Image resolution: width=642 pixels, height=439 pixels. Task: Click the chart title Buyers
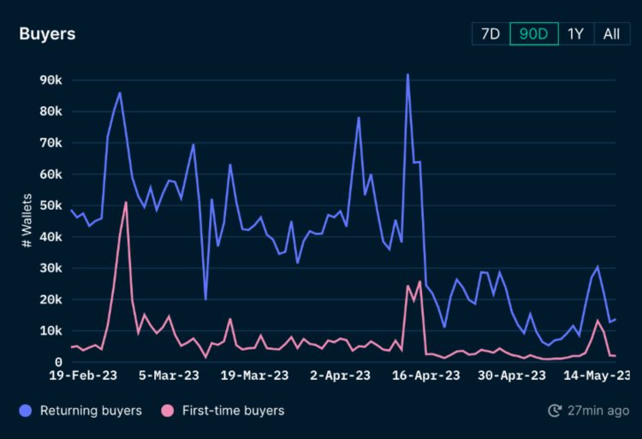[x=47, y=34]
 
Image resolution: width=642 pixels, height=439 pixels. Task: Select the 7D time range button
[x=490, y=33]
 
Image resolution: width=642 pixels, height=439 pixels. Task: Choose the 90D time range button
[x=534, y=33]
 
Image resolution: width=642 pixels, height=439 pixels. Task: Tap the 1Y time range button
[x=576, y=33]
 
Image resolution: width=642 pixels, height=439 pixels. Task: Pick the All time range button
[x=611, y=33]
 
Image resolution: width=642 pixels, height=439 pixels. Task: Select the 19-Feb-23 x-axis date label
[x=83, y=376]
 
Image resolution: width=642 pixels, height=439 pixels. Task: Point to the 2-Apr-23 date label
[x=340, y=376]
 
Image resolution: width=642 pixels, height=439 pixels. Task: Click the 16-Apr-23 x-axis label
[x=425, y=376]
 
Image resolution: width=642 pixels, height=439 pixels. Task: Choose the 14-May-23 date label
[x=596, y=376]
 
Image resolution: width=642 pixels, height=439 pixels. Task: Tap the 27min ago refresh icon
[x=554, y=411]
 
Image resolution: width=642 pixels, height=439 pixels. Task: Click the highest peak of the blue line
[x=407, y=74]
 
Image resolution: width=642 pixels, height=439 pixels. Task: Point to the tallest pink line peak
[x=126, y=202]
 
